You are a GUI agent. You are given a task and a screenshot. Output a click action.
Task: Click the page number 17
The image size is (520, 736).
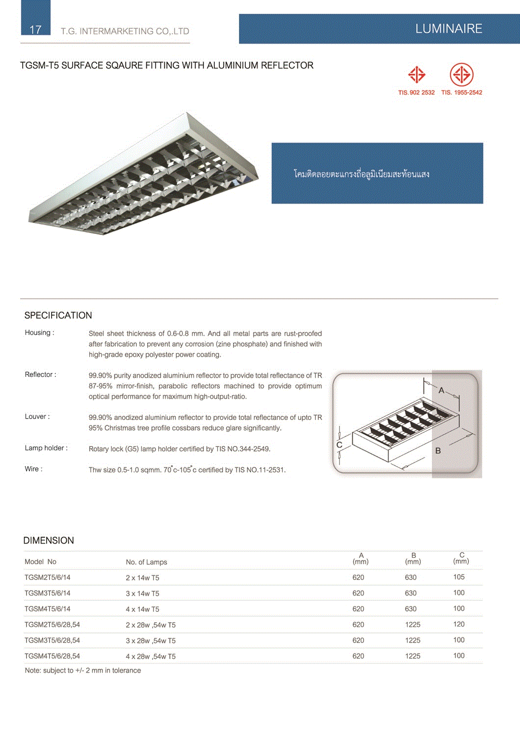[35, 29]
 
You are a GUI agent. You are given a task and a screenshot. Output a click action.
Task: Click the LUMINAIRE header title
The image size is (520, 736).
[448, 29]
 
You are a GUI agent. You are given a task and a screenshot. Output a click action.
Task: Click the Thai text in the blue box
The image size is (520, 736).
[362, 174]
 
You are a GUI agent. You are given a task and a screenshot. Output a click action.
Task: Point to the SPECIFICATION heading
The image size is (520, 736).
[58, 315]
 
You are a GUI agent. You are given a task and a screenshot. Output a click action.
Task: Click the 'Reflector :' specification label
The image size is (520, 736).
[41, 375]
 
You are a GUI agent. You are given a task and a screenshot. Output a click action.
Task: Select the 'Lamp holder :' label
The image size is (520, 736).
[46, 448]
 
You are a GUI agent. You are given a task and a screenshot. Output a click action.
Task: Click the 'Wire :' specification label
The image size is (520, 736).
[34, 469]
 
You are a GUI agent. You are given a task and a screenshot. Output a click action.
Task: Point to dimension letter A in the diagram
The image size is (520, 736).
[441, 391]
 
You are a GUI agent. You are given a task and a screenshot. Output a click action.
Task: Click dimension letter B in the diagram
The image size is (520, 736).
[438, 450]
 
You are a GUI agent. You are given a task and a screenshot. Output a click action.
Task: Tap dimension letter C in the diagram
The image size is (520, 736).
[339, 445]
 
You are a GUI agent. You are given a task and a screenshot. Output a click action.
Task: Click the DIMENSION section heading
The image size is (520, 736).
[49, 541]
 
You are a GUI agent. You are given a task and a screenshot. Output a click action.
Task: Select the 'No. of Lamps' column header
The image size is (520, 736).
[146, 562]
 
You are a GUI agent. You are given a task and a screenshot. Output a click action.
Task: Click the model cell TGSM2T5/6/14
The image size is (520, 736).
[48, 578]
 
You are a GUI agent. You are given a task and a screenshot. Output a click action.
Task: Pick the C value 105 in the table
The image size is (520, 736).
[459, 577]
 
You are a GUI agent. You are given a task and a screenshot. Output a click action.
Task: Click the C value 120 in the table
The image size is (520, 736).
[459, 624]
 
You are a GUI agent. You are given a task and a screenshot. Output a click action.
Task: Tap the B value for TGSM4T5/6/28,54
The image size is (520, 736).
[413, 656]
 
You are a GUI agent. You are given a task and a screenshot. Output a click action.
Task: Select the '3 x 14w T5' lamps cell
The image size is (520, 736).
[142, 594]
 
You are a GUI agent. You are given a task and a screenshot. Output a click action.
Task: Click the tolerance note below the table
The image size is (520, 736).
[83, 671]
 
